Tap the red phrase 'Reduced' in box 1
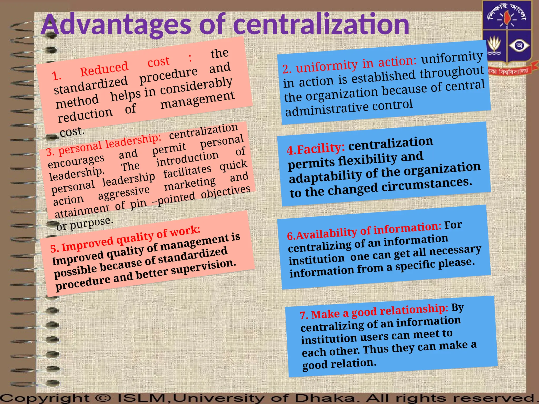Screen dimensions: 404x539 [104, 69]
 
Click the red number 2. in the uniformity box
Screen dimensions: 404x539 [287, 69]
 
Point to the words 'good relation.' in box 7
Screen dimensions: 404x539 [339, 364]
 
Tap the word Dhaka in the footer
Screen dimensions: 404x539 [325, 398]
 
